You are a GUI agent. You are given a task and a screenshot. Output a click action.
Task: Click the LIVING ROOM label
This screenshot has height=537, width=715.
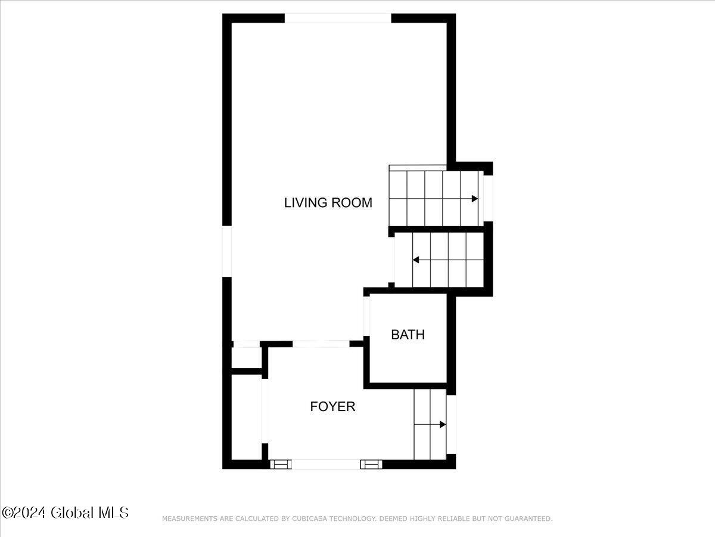pyautogui.click(x=328, y=203)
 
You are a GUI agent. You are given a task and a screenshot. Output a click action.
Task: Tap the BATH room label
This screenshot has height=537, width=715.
pyautogui.click(x=408, y=335)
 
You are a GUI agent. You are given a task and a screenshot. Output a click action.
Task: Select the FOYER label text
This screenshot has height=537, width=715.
pyautogui.click(x=332, y=407)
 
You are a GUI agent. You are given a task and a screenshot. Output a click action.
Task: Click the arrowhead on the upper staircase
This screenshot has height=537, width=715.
pyautogui.click(x=475, y=199)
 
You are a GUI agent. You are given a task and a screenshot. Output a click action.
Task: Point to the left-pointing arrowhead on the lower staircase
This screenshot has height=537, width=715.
pyautogui.click(x=416, y=260)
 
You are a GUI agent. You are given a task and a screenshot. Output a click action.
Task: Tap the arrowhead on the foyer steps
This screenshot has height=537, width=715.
pyautogui.click(x=443, y=424)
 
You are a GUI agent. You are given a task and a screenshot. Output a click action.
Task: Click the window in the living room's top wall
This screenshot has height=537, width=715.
pyautogui.click(x=338, y=18)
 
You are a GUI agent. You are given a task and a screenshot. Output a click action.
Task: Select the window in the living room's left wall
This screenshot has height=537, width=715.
pyautogui.click(x=227, y=251)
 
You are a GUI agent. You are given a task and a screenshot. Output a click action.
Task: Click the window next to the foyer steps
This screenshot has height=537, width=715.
pyautogui.click(x=451, y=424)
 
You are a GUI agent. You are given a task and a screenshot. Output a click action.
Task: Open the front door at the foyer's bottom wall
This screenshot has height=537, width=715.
pyautogui.click(x=326, y=464)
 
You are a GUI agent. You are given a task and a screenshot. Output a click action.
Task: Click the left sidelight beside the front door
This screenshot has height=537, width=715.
pyautogui.click(x=280, y=464)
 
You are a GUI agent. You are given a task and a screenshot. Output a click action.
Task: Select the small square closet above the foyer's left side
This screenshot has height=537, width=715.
pyautogui.click(x=245, y=358)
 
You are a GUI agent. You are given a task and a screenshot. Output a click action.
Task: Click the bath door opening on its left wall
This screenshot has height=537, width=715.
pyautogui.click(x=367, y=316)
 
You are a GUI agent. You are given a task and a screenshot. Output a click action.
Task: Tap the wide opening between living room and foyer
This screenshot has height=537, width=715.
pyautogui.click(x=321, y=344)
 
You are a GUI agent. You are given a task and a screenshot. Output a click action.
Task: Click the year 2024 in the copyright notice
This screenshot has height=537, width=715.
pyautogui.click(x=31, y=513)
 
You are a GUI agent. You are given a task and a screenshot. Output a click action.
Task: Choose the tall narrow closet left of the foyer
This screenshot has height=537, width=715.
pyautogui.click(x=245, y=418)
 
